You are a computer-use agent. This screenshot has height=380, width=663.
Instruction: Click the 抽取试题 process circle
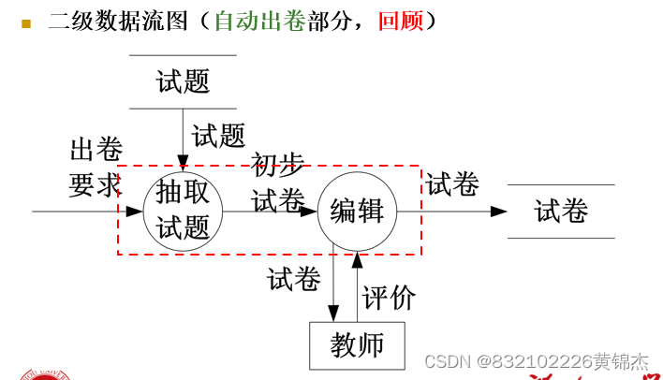(184, 212)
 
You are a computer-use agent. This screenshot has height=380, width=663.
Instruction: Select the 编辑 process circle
(357, 212)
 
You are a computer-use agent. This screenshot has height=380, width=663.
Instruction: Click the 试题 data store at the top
(183, 81)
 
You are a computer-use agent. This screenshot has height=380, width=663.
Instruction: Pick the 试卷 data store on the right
(561, 212)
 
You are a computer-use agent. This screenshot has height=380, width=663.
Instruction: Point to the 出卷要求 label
(96, 168)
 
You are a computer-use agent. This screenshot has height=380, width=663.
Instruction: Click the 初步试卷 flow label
(278, 183)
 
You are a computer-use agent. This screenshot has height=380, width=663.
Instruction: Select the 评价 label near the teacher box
(389, 298)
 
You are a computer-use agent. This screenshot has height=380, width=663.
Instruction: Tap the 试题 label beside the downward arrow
(218, 136)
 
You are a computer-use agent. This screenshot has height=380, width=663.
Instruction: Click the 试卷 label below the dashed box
(294, 279)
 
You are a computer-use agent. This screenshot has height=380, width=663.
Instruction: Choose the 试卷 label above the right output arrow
(452, 184)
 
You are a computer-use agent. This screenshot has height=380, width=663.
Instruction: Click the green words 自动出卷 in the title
(259, 21)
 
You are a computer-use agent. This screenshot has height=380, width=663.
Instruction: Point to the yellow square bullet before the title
(26, 22)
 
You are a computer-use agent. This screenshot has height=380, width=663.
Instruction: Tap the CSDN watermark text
(536, 361)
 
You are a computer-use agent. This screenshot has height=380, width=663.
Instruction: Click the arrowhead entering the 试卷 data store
(499, 212)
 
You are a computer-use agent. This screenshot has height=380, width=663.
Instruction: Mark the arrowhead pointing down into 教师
(334, 314)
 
